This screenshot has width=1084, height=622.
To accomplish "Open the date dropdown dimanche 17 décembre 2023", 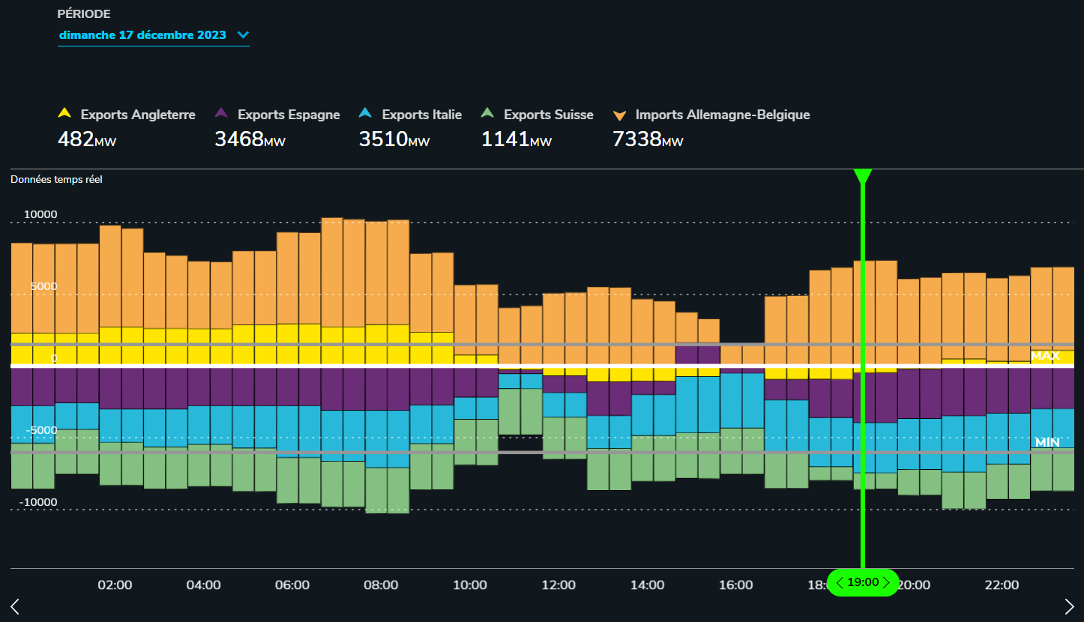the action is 154,35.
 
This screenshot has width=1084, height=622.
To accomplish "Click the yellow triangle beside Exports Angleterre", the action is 64,113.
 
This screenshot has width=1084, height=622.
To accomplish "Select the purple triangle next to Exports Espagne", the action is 221,113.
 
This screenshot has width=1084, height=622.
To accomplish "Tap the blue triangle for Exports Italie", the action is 365,113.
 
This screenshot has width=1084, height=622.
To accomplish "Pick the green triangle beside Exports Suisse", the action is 487,113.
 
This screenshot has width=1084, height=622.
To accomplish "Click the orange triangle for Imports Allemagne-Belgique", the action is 619,115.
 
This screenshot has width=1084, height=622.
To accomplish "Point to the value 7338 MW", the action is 648,139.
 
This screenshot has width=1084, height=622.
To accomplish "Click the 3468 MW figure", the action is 250,139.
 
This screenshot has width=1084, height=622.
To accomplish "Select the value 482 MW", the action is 87,139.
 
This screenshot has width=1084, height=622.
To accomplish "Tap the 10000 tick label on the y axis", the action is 40,214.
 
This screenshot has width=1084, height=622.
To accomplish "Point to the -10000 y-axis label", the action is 38,502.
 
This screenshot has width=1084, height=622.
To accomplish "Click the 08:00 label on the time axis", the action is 381,585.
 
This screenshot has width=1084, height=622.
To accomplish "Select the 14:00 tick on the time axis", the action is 647,585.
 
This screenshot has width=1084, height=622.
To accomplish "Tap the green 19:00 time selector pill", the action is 863,582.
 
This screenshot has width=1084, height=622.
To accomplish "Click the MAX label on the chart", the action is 1045,356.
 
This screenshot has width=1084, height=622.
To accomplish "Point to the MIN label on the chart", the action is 1047,442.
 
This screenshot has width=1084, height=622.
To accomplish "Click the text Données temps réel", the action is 56,179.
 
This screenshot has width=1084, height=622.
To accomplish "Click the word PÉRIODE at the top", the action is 84,14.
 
